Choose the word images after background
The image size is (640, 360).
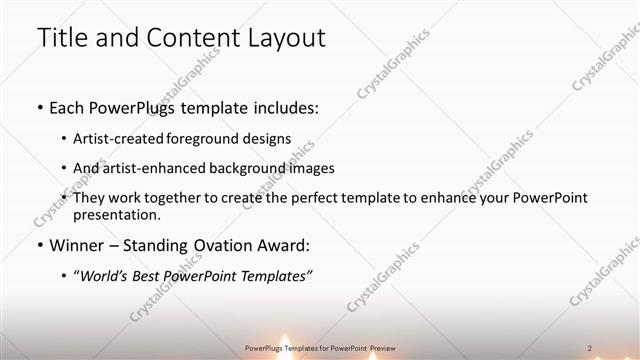tap(311, 168)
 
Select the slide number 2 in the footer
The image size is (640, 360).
tap(589, 347)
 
